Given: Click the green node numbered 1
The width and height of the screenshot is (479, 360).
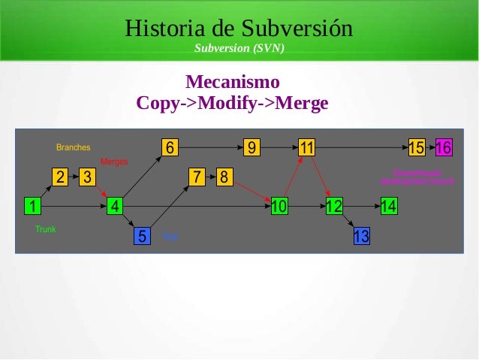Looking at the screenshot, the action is pyautogui.click(x=32, y=205).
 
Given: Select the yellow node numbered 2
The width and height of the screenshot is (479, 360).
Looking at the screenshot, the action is pyautogui.click(x=60, y=177).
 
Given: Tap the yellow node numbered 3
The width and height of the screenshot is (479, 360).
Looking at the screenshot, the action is pyautogui.click(x=88, y=177).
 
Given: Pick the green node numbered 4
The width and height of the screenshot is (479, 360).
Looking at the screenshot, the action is pyautogui.click(x=115, y=205).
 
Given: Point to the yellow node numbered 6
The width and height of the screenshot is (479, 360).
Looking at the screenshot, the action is pyautogui.click(x=170, y=147).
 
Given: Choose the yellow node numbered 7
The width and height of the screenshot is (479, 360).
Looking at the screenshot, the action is pyautogui.click(x=197, y=177).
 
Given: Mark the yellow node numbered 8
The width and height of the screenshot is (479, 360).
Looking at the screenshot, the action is pyautogui.click(x=224, y=177).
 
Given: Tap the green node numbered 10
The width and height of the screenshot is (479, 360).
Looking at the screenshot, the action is pyautogui.click(x=279, y=205).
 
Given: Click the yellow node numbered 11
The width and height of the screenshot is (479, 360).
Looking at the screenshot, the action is pyautogui.click(x=306, y=147).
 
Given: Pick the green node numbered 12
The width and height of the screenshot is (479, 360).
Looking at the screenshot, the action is pyautogui.click(x=334, y=205).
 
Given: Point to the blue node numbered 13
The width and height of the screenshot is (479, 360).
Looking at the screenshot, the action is pyautogui.click(x=361, y=236).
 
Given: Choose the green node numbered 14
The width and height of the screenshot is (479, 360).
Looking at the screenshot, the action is pyautogui.click(x=389, y=205).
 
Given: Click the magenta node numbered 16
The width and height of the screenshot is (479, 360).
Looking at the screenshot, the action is pyautogui.click(x=444, y=147).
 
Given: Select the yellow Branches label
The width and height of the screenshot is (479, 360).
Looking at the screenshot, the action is pyautogui.click(x=74, y=147).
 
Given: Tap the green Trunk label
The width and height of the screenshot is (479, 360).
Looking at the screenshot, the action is pyautogui.click(x=46, y=228).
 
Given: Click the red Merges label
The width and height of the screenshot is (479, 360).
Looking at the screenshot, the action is pyautogui.click(x=114, y=162).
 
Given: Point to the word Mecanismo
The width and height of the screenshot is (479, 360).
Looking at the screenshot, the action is pyautogui.click(x=232, y=81).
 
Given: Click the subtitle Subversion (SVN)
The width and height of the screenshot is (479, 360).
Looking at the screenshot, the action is pyautogui.click(x=239, y=50).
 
